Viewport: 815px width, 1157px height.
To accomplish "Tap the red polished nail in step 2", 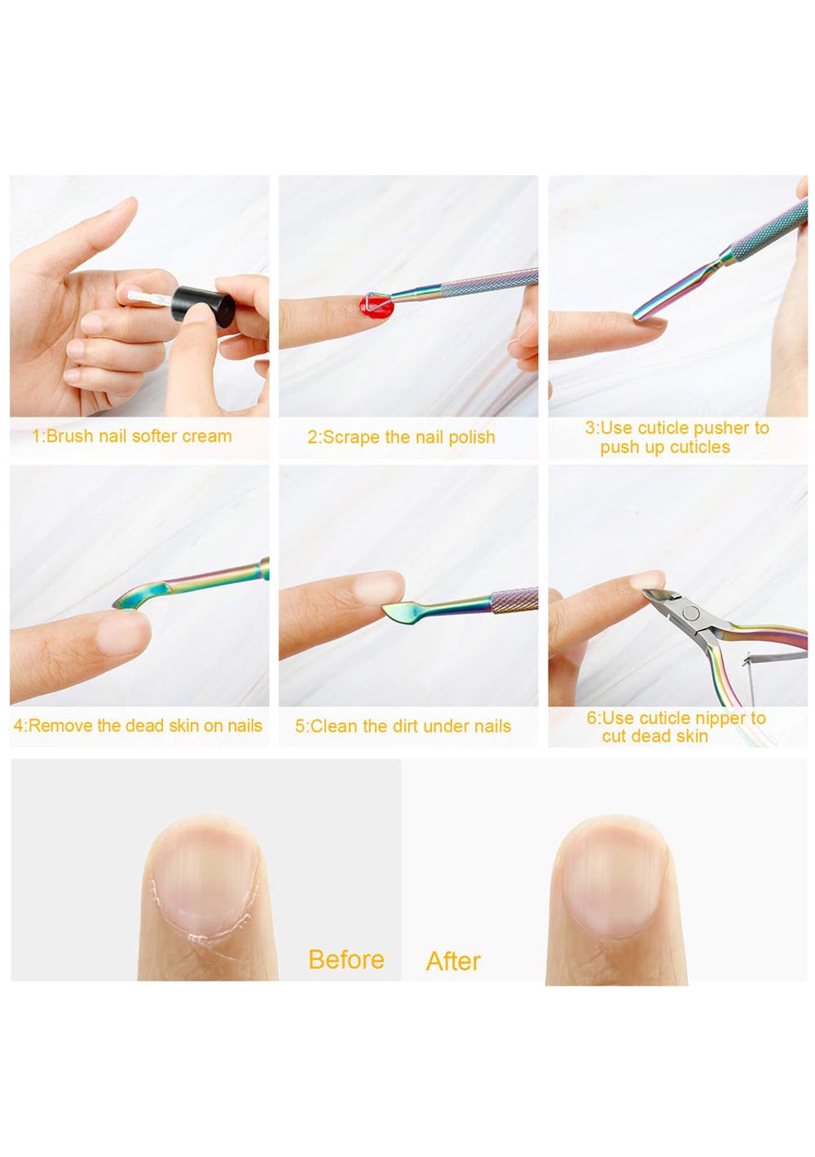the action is (377, 307).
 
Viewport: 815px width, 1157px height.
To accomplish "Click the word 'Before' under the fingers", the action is (346, 960).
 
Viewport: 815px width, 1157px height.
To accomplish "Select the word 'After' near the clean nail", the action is (453, 961).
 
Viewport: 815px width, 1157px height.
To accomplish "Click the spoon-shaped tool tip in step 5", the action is (400, 612).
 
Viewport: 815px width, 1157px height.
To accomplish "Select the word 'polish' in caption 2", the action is (471, 438).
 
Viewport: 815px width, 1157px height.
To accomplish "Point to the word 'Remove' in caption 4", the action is (60, 726).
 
